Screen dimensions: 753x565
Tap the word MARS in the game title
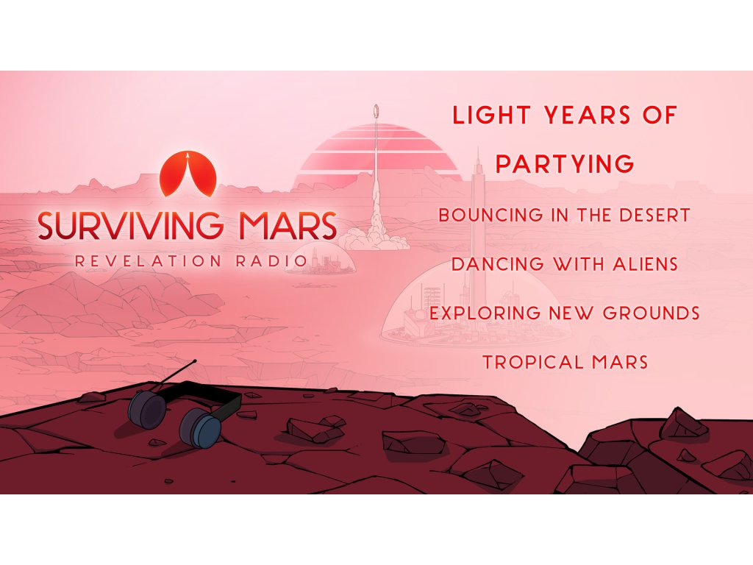pyautogui.click(x=288, y=225)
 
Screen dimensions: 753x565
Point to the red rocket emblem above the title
pyautogui.click(x=188, y=174)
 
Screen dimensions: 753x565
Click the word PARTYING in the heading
pyautogui.click(x=565, y=164)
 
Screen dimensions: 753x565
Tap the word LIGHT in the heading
pyautogui.click(x=492, y=116)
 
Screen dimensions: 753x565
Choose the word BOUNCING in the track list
pyautogui.click(x=491, y=216)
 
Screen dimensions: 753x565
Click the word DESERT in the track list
pyautogui.click(x=654, y=216)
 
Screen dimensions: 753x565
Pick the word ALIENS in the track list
pyautogui.click(x=645, y=264)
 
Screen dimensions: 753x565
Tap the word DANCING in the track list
pyautogui.click(x=498, y=264)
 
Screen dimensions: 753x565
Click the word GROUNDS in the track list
pyautogui.click(x=652, y=313)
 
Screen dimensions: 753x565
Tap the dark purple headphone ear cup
pyautogui.click(x=146, y=406)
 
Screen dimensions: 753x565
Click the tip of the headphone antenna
pyautogui.click(x=194, y=360)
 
